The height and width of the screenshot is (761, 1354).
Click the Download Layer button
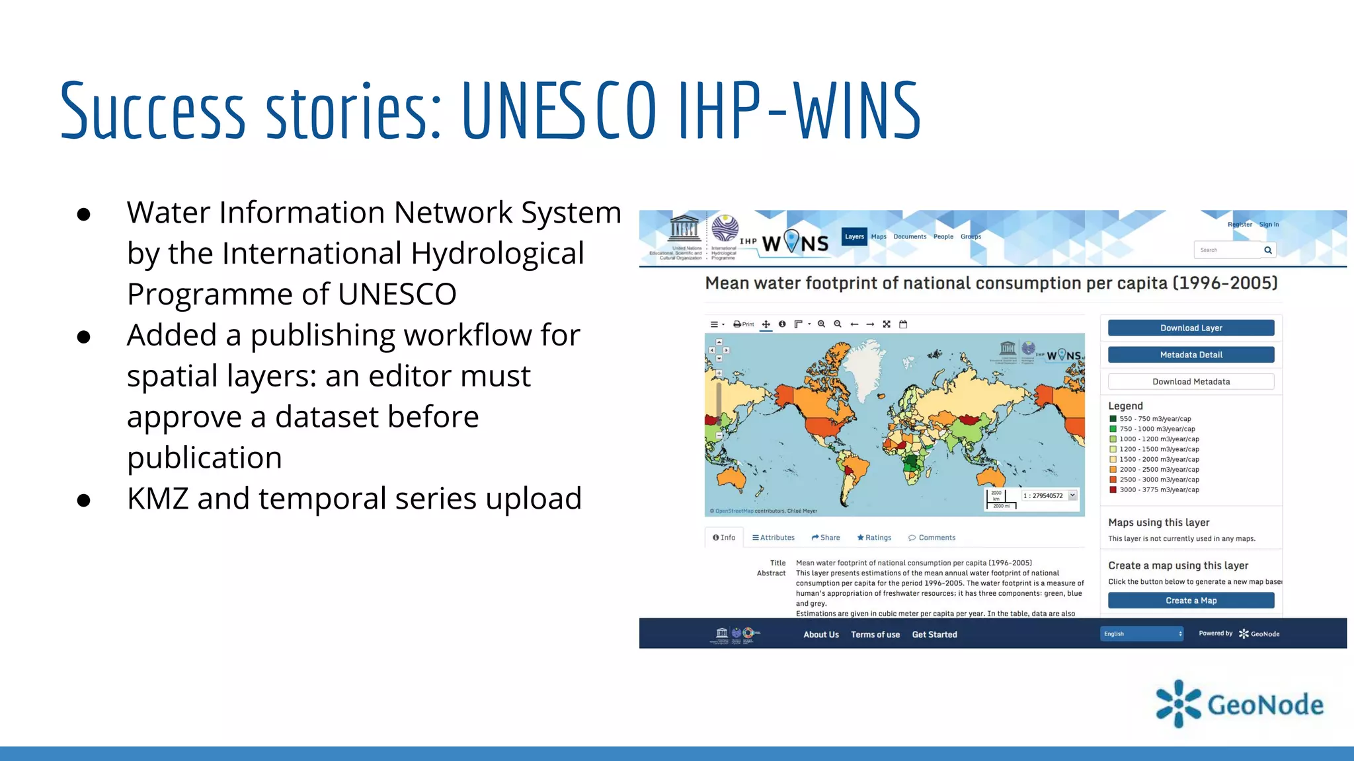(x=1191, y=328)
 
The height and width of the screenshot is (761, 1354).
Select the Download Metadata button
(x=1191, y=382)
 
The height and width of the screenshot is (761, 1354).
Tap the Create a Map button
(x=1191, y=600)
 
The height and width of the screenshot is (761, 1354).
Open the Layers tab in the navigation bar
(x=854, y=236)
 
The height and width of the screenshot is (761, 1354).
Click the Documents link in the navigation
(x=910, y=236)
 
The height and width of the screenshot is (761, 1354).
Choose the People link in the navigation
(x=943, y=236)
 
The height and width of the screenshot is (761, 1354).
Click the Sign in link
(x=1269, y=225)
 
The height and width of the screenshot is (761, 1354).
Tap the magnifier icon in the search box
(x=1268, y=250)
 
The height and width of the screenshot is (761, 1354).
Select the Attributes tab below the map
(x=774, y=538)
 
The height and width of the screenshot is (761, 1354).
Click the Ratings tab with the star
(x=874, y=538)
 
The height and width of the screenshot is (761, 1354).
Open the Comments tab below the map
(x=932, y=538)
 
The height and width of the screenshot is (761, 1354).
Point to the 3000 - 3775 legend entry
(x=1159, y=490)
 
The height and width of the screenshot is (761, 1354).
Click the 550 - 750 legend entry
(x=1155, y=419)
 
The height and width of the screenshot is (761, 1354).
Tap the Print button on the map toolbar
(x=744, y=324)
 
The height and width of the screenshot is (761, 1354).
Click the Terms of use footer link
(x=875, y=635)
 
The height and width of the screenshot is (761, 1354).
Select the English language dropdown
(x=1142, y=634)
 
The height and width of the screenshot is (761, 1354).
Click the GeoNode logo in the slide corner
(x=1240, y=704)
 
